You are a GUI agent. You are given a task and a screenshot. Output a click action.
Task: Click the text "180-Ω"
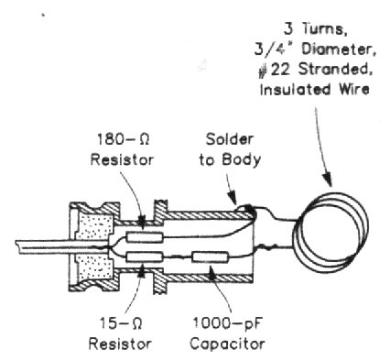coord(123,139)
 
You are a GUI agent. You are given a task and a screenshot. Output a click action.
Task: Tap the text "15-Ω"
coord(121,322)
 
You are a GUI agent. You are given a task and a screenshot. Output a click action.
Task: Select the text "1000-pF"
coord(227,323)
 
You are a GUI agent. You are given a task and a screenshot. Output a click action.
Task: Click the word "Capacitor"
coord(227,344)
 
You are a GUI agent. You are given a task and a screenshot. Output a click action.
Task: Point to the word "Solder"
coord(230,139)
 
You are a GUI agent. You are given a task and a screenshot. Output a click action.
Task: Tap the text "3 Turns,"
coord(316,29)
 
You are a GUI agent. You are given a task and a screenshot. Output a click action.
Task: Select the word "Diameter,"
coord(339,49)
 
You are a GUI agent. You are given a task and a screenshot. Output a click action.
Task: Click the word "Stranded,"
coord(335,70)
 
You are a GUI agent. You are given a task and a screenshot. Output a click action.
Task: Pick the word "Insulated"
coord(295,90)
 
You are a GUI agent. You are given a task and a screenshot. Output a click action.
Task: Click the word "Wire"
coord(353,90)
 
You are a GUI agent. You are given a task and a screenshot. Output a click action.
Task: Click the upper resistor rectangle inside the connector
coord(144,237)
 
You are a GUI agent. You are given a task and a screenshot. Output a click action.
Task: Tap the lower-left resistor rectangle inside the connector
coord(144,257)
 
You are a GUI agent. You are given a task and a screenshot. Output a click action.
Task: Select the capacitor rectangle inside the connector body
coord(210,257)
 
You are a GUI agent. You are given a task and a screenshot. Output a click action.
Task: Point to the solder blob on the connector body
coord(249,209)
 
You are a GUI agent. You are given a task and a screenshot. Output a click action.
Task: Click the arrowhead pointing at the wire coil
coord(327,180)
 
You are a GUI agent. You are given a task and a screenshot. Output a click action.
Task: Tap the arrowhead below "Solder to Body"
coord(233,197)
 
